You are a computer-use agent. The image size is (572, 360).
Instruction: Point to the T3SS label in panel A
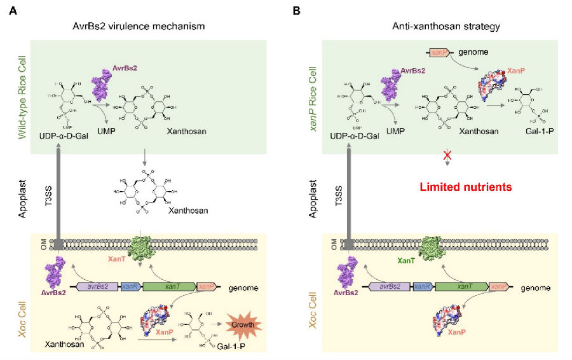coord(47,188)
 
